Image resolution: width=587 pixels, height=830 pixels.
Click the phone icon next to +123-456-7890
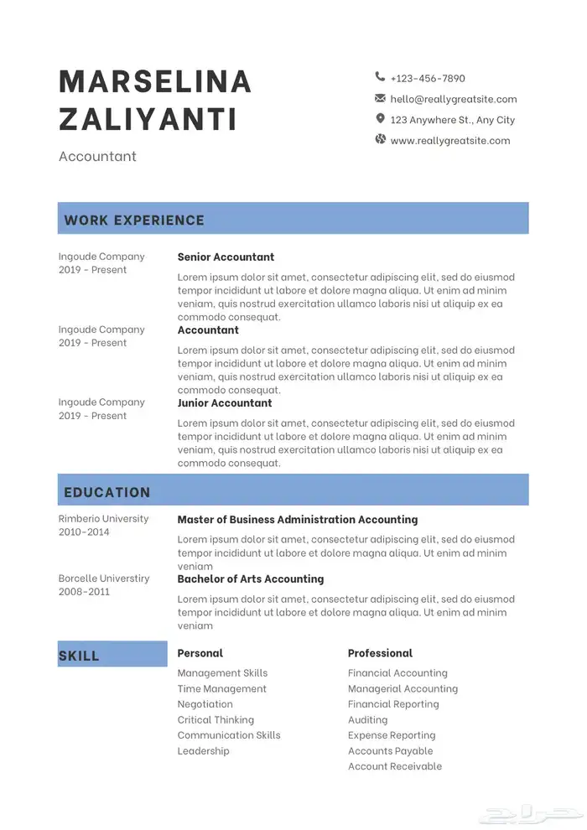(x=380, y=77)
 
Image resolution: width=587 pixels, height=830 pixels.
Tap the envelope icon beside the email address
(x=380, y=98)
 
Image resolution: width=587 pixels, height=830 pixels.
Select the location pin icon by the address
(x=380, y=119)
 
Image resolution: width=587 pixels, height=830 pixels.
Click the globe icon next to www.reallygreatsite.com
(x=380, y=139)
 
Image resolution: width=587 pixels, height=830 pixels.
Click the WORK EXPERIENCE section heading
(x=134, y=220)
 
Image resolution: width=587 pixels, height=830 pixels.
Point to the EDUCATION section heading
(x=107, y=492)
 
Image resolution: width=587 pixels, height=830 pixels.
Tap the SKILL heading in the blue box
(x=79, y=656)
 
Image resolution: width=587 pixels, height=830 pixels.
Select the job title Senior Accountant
(x=226, y=257)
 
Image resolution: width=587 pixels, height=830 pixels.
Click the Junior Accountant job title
(x=225, y=402)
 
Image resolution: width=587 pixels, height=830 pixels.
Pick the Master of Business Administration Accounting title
(x=297, y=520)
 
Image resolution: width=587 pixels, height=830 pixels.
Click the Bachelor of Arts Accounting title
(x=250, y=578)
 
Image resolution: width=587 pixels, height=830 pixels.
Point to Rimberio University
(x=103, y=518)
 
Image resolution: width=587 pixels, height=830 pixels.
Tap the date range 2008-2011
(x=84, y=592)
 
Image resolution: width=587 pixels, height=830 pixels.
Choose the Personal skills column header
(x=200, y=653)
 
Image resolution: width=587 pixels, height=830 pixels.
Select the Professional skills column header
(x=380, y=653)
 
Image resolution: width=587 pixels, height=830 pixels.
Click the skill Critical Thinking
(x=216, y=719)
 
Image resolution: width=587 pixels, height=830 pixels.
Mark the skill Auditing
(x=367, y=719)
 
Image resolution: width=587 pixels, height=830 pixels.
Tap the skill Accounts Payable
(x=390, y=750)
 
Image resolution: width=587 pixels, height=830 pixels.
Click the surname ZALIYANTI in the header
(x=148, y=119)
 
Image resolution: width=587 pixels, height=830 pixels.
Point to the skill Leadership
(x=203, y=750)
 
